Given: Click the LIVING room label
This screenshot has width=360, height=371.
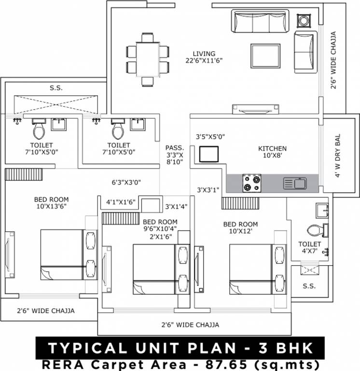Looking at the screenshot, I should click(x=204, y=53).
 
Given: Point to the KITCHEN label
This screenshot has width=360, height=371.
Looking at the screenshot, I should click(x=272, y=148).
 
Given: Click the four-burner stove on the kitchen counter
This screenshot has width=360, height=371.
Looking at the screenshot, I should click(x=251, y=184).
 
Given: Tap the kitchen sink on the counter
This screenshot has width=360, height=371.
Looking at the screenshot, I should click(x=295, y=184).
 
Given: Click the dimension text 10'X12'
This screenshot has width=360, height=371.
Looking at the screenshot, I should click(x=240, y=232).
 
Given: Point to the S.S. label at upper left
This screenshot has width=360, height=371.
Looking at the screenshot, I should click(x=56, y=88).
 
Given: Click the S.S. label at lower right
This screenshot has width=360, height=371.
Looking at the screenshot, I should click(x=309, y=286).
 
